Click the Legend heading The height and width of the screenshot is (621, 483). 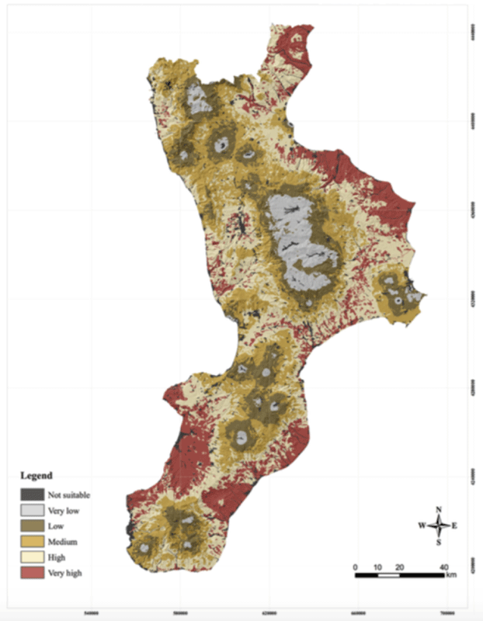click(x=36, y=475)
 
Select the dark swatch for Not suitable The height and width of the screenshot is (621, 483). click(x=31, y=494)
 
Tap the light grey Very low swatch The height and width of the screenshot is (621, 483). click(x=31, y=510)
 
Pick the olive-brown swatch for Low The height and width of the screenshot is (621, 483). click(x=31, y=526)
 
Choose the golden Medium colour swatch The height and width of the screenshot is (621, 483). click(x=31, y=541)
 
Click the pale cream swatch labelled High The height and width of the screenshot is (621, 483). click(x=31, y=557)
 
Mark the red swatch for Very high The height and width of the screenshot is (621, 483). click(x=31, y=573)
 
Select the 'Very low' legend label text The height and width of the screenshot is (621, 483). click(x=63, y=510)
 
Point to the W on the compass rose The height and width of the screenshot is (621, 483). click(x=422, y=526)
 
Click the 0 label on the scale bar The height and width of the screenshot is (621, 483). click(x=356, y=567)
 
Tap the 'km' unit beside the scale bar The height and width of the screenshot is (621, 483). click(x=451, y=575)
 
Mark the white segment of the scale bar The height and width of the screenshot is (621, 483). click(x=388, y=575)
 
